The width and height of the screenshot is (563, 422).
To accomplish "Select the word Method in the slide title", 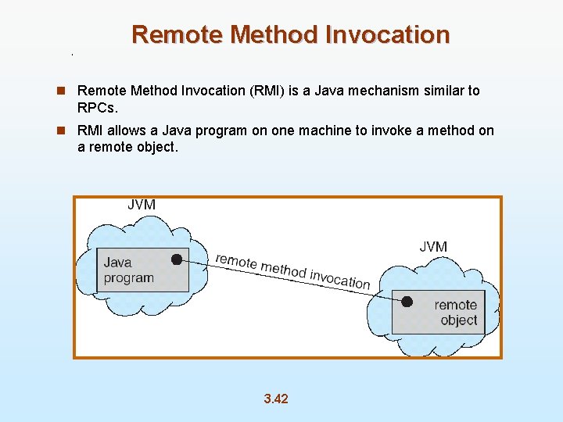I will click(264, 34).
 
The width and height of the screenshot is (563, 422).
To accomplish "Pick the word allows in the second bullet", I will click(129, 131).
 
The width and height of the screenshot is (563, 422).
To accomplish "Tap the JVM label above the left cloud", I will click(142, 205).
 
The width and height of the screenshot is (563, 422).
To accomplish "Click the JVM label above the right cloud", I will click(433, 247).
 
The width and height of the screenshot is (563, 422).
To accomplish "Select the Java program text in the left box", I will click(128, 270).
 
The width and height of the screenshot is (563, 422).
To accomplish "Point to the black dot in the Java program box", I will click(178, 259).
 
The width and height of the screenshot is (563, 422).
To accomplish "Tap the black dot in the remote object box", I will click(407, 301).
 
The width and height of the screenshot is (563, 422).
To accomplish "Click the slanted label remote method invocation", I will click(292, 270).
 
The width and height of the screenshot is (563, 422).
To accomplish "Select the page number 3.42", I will click(276, 399).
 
